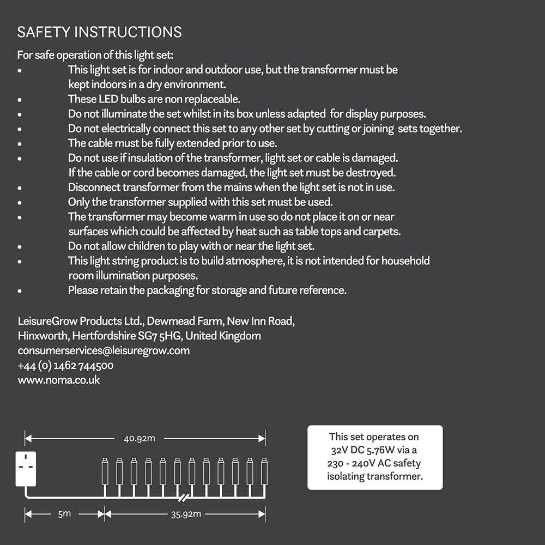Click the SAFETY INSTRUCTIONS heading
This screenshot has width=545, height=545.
[x=99, y=32]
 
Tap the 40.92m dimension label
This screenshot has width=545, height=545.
[x=139, y=438]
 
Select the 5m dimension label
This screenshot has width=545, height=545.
[x=64, y=513]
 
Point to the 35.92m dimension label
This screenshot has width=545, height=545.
[x=186, y=513]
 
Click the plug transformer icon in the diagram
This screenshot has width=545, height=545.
[x=26, y=469]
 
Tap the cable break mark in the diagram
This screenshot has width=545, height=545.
[x=184, y=498]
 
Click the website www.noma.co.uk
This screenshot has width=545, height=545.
[x=59, y=380]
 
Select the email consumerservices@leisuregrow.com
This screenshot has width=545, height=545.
[x=104, y=350]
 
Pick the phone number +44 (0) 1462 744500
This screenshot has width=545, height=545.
[x=65, y=365]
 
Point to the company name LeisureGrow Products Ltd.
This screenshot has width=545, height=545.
[x=81, y=320]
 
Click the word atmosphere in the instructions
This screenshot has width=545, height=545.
[x=249, y=261]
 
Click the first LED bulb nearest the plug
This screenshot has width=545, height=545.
[x=105, y=472]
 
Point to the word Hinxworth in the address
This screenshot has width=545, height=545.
[x=43, y=336]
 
